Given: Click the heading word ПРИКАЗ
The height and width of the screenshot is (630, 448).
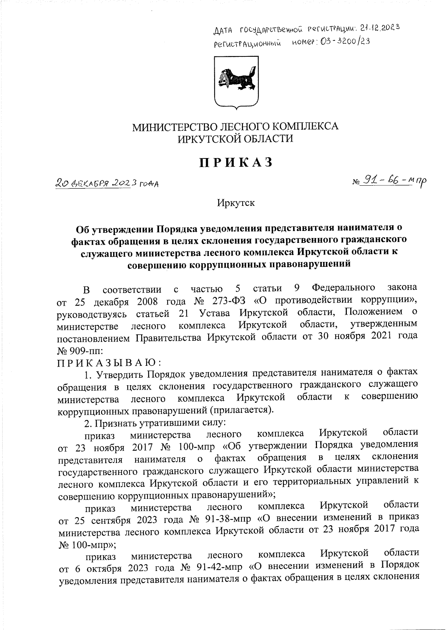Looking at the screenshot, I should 236,163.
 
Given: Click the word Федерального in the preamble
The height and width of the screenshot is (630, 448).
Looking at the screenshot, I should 343,288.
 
